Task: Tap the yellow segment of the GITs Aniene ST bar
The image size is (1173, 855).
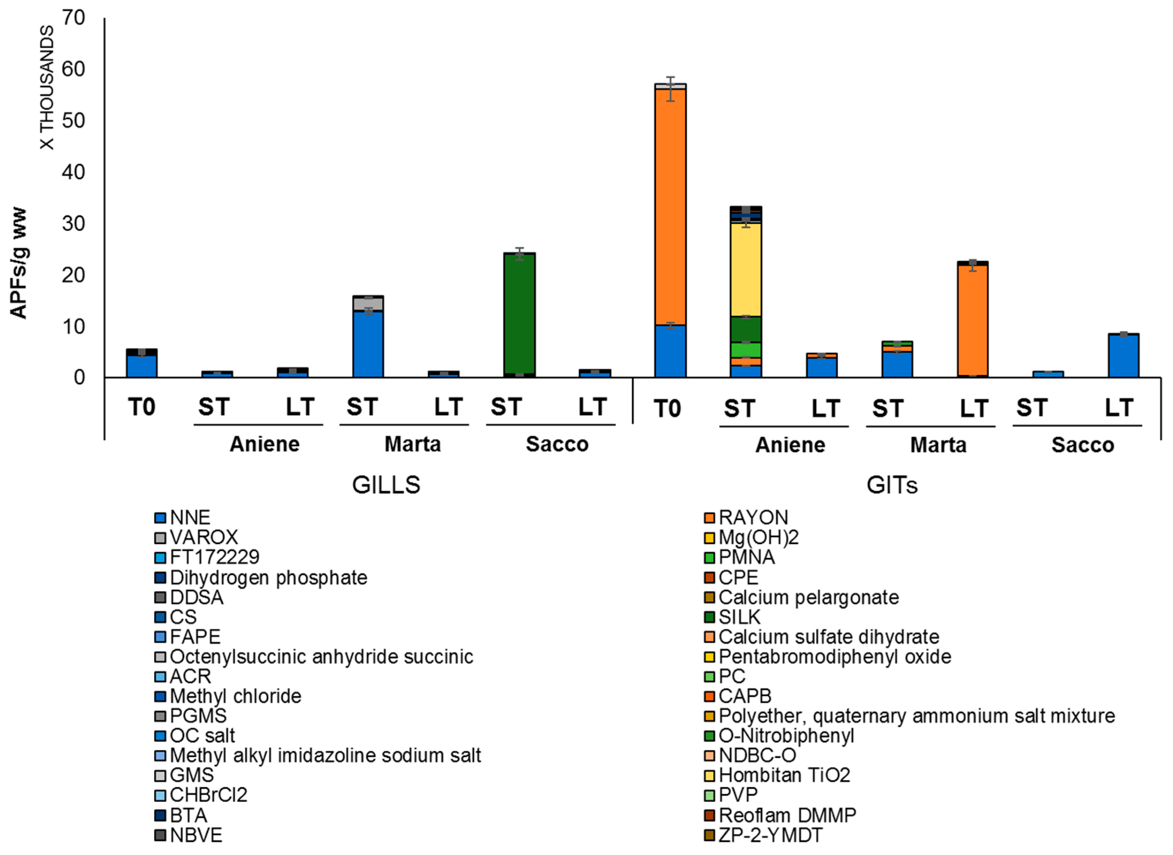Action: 745,269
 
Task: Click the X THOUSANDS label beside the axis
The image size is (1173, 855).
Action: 47,88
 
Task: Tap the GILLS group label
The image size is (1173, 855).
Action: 386,485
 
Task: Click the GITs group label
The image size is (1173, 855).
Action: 892,485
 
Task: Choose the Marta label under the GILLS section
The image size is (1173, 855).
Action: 413,444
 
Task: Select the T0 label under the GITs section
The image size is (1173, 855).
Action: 667,409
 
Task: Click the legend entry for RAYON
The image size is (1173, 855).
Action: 753,517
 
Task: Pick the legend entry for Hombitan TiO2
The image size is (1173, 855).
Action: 784,775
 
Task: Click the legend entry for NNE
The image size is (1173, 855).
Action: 190,517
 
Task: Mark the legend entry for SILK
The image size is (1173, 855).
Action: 739,617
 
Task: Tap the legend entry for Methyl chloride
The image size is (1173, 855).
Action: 235,696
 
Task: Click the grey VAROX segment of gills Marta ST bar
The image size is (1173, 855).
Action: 368,304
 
